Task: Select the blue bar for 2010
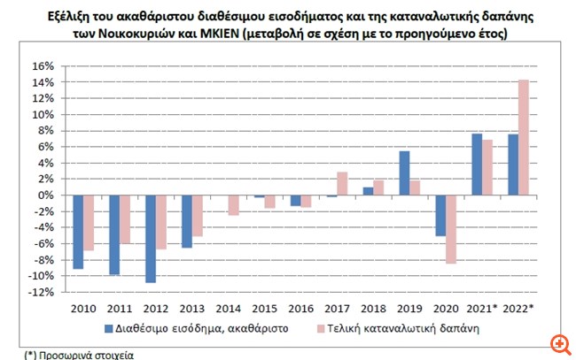[x=78, y=232]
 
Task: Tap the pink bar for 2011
[x=125, y=219]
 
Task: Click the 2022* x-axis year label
[x=518, y=310]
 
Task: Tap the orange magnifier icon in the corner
[x=560, y=344]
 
